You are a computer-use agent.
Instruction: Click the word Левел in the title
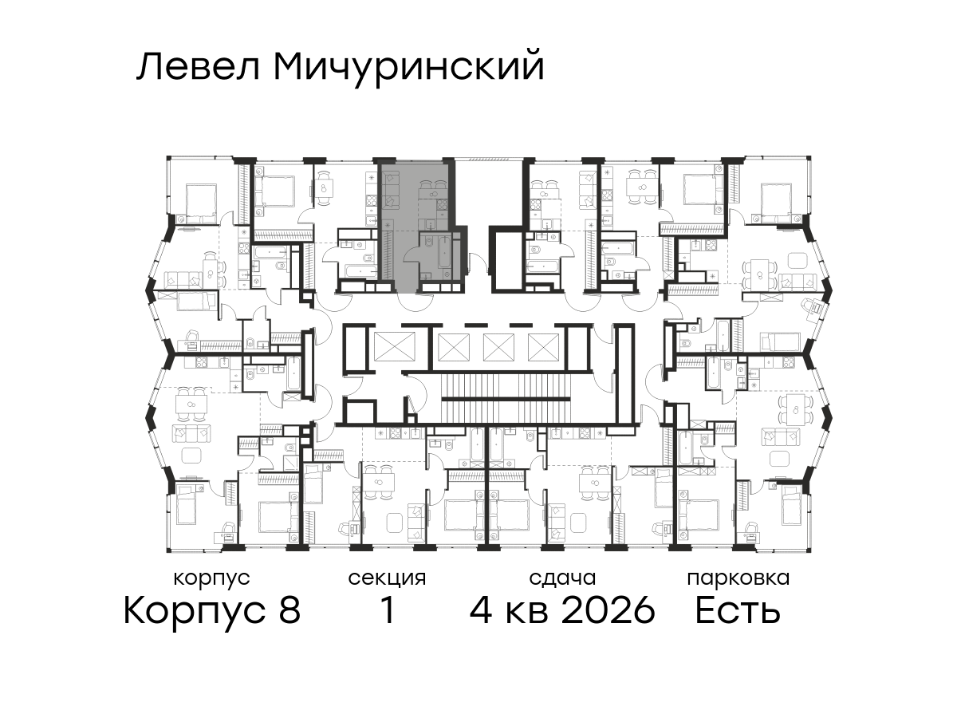(198, 67)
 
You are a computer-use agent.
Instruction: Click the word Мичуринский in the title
(409, 69)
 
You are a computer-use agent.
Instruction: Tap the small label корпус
(211, 579)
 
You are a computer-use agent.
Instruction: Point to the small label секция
(387, 579)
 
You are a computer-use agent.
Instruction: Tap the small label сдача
(562, 579)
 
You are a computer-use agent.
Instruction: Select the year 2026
(608, 610)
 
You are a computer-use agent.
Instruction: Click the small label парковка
(738, 579)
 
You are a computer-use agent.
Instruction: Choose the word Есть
(737, 610)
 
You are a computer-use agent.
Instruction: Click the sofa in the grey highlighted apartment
(391, 189)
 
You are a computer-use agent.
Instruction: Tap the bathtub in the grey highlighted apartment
(444, 252)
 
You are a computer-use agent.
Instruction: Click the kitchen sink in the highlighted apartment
(431, 224)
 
